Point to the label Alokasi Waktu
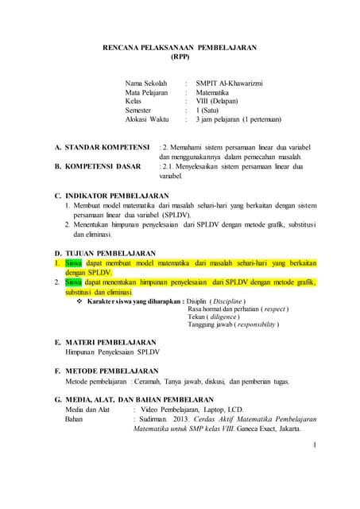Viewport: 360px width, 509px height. click(x=148, y=119)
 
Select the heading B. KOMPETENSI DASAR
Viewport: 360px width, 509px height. click(x=97, y=166)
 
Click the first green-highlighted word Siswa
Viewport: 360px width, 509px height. click(x=73, y=262)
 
